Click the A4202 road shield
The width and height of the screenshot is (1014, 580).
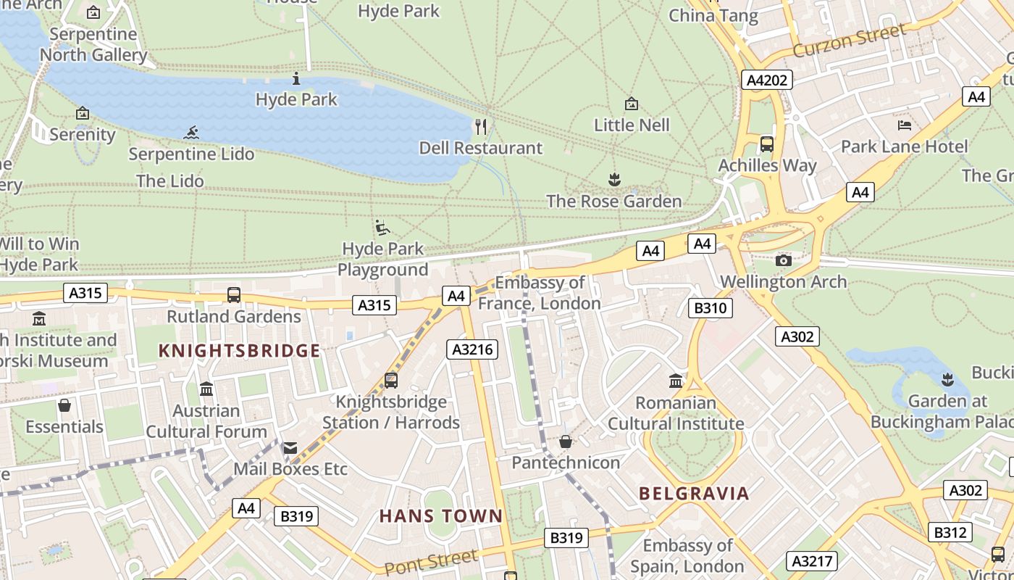[x=767, y=80]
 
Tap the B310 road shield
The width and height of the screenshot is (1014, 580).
[x=710, y=308]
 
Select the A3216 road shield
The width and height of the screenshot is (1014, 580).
[x=472, y=349]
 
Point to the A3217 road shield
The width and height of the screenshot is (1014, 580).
[x=812, y=560]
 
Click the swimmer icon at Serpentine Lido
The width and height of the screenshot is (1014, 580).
[x=191, y=133]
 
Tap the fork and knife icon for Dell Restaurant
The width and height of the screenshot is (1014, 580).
[x=481, y=127]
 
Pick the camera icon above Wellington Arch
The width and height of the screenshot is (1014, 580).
[x=783, y=260]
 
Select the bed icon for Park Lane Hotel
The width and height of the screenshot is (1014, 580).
[x=904, y=125]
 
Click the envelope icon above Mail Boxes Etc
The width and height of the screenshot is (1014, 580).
[x=290, y=448]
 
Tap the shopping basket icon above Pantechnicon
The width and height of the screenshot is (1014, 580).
[x=566, y=442]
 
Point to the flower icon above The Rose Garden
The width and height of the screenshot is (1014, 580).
[x=614, y=179]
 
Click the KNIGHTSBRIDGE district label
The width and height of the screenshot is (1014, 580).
[x=239, y=351]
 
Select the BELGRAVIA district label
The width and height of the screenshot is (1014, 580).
[x=694, y=494]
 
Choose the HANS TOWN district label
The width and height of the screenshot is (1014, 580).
[x=440, y=516]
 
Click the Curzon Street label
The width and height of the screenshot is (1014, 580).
[x=849, y=40]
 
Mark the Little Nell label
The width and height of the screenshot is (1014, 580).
[x=632, y=125]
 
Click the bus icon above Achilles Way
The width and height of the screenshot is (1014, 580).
[x=767, y=144]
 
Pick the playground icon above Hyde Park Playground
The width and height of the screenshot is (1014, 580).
[x=382, y=228]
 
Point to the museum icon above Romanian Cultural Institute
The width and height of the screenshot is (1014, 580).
[x=676, y=381]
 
